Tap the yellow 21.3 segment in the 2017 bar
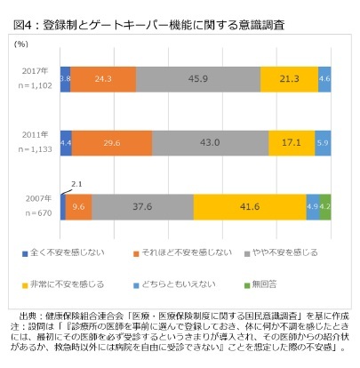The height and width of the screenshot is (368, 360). pyautogui.click(x=289, y=79)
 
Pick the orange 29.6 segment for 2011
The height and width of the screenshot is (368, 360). pyautogui.click(x=112, y=142)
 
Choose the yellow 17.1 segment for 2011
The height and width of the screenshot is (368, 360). pyautogui.click(x=292, y=142)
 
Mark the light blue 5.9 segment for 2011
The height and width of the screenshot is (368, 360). pyautogui.click(x=323, y=142)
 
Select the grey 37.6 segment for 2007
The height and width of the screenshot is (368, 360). pyautogui.click(x=142, y=205)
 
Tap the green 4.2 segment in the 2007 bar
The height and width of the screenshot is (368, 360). pyautogui.click(x=325, y=205)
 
